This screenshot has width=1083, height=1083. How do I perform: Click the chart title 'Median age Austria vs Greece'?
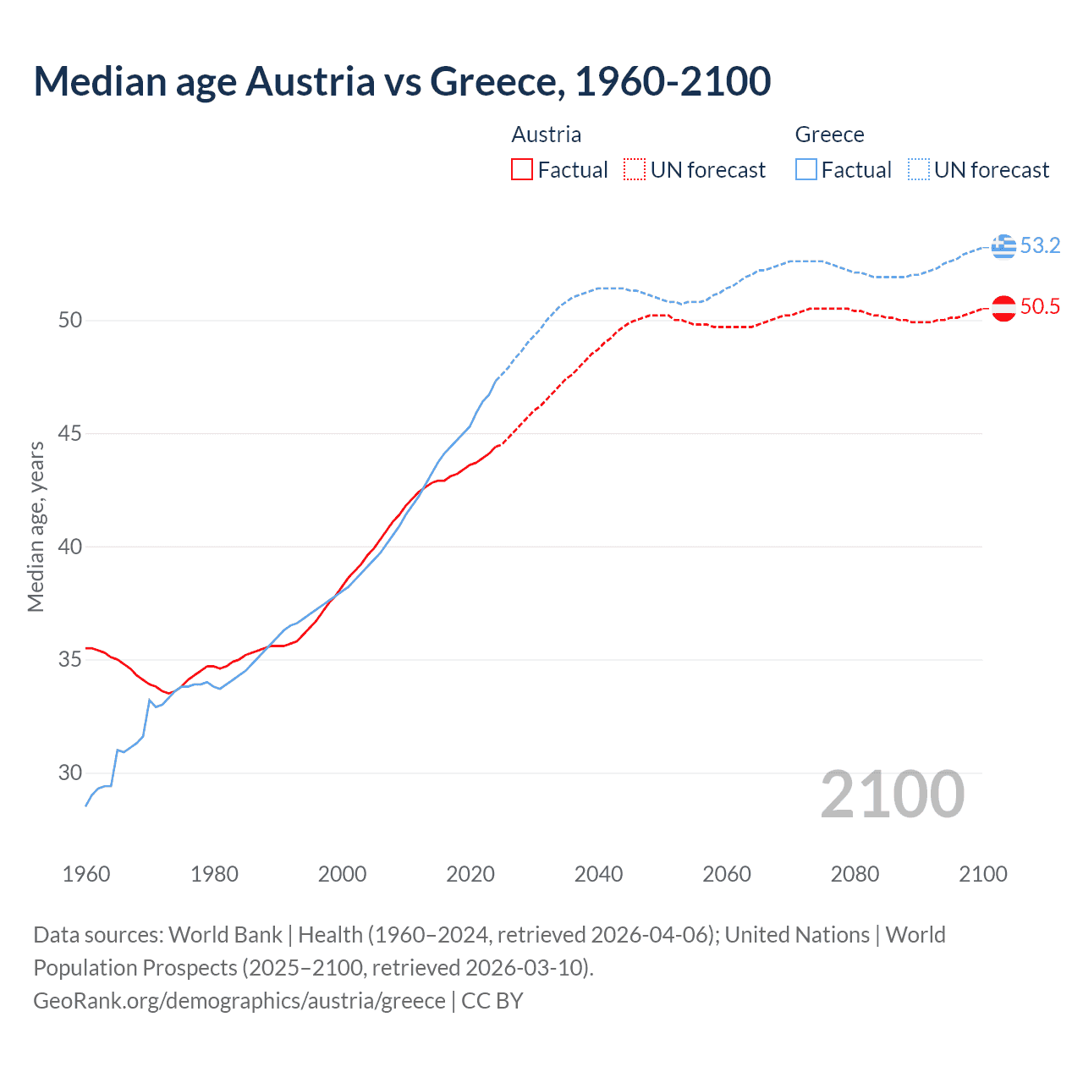pos(402,81)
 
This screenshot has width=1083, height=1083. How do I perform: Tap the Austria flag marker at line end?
pos(1003,308)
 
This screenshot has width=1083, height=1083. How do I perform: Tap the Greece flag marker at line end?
pos(1003,246)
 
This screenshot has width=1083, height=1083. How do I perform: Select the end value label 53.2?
pos(1040,246)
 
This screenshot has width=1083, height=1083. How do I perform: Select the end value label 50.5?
pos(1040,307)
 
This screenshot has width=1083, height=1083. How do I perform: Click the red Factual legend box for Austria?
pos(522,170)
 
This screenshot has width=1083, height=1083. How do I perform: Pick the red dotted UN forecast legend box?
pos(635,170)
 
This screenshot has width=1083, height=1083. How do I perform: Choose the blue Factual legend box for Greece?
pos(806,170)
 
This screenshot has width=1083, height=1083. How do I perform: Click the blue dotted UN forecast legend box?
pos(919,170)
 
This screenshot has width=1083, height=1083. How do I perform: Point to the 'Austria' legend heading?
pos(547,135)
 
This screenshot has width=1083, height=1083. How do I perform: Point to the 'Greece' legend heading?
pos(829,135)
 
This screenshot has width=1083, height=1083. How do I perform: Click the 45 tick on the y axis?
pos(70,434)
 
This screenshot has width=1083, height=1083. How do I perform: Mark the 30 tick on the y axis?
pos(70,772)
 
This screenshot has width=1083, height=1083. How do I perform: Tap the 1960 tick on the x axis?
pos(86,874)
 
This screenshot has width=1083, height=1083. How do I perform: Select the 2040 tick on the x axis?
pos(598,874)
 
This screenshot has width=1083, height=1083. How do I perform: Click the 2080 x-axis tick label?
pos(855,874)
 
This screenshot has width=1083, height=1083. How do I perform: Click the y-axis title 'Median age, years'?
pos(36,526)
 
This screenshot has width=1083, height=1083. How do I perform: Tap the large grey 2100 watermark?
pos(893,794)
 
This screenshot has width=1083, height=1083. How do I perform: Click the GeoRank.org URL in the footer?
pos(239,1001)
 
